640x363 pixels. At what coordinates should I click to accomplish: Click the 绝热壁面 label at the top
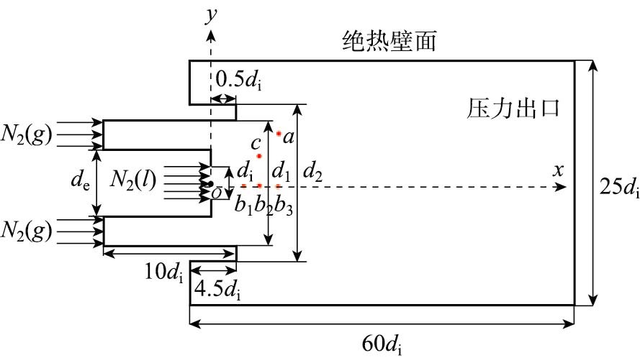(389, 42)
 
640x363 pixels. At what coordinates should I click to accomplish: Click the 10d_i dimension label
(163, 272)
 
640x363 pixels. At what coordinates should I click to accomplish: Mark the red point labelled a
(279, 134)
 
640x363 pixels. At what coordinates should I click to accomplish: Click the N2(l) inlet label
(134, 180)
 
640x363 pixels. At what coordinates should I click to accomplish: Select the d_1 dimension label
(282, 173)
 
